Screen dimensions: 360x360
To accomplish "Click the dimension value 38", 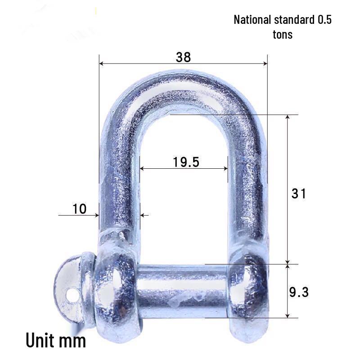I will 184,57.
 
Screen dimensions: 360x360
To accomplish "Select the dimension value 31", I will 299,193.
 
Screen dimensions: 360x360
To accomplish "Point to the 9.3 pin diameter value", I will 298,292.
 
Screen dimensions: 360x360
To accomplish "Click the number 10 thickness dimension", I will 79,208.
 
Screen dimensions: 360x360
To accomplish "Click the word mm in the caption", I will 72,341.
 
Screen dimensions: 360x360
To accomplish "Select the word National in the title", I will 252,20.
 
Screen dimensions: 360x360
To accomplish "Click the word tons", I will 283,34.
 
